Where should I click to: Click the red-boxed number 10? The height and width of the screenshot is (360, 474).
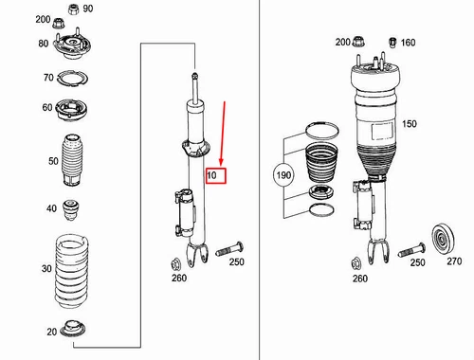click(211, 175)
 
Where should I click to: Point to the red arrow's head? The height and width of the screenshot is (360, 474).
click(221, 162)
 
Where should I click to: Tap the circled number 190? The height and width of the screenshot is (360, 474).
click(283, 175)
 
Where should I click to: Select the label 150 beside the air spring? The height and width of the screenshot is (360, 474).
click(410, 124)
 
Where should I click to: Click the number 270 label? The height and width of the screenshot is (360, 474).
click(454, 261)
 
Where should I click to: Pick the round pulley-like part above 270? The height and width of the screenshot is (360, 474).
click(443, 240)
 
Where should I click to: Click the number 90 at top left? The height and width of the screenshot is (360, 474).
click(88, 9)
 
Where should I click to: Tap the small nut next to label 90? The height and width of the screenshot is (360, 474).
click(73, 9)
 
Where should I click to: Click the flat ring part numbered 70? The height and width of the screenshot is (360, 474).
click(73, 79)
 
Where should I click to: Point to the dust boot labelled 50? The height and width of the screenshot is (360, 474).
click(72, 160)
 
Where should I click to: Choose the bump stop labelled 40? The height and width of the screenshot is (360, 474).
click(71, 209)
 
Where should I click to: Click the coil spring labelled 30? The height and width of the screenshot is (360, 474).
click(72, 272)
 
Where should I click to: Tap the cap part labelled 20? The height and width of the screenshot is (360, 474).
click(73, 329)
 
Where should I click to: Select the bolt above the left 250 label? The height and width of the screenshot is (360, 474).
click(229, 249)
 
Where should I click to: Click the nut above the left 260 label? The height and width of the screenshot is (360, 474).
click(175, 264)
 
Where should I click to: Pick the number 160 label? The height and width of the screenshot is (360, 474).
click(408, 43)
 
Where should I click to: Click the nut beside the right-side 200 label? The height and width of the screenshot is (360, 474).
click(358, 42)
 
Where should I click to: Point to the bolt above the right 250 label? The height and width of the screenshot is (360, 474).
click(411, 250)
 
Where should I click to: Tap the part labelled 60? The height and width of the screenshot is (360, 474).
click(72, 110)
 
